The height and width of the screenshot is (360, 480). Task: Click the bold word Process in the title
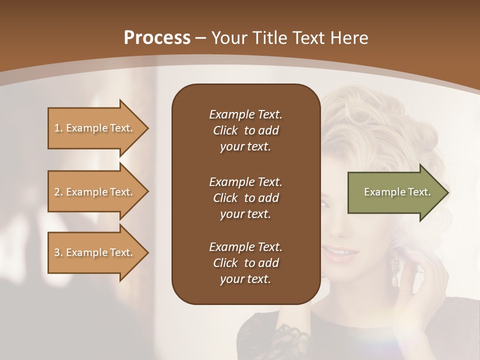pos(157,38)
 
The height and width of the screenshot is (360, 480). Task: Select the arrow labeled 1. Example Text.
pos(95,128)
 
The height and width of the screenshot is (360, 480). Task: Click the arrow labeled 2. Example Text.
pos(95,192)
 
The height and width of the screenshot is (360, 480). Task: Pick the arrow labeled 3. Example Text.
pos(95,252)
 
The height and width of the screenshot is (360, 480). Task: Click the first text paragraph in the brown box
pos(245,130)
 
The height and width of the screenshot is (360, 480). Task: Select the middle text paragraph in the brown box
pos(245,197)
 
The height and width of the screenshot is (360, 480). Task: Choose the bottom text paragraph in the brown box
pos(245,263)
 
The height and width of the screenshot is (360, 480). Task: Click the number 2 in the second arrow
pos(56,192)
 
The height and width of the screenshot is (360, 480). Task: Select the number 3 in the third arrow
pos(56,252)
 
